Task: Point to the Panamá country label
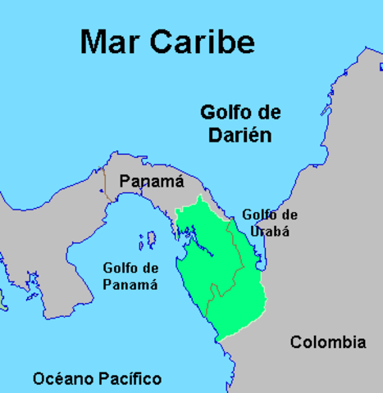(151, 182)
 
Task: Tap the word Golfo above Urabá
(258, 215)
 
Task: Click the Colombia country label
(328, 342)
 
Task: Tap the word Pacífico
(132, 378)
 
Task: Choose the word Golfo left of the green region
(121, 268)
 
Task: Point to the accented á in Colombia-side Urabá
(284, 231)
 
